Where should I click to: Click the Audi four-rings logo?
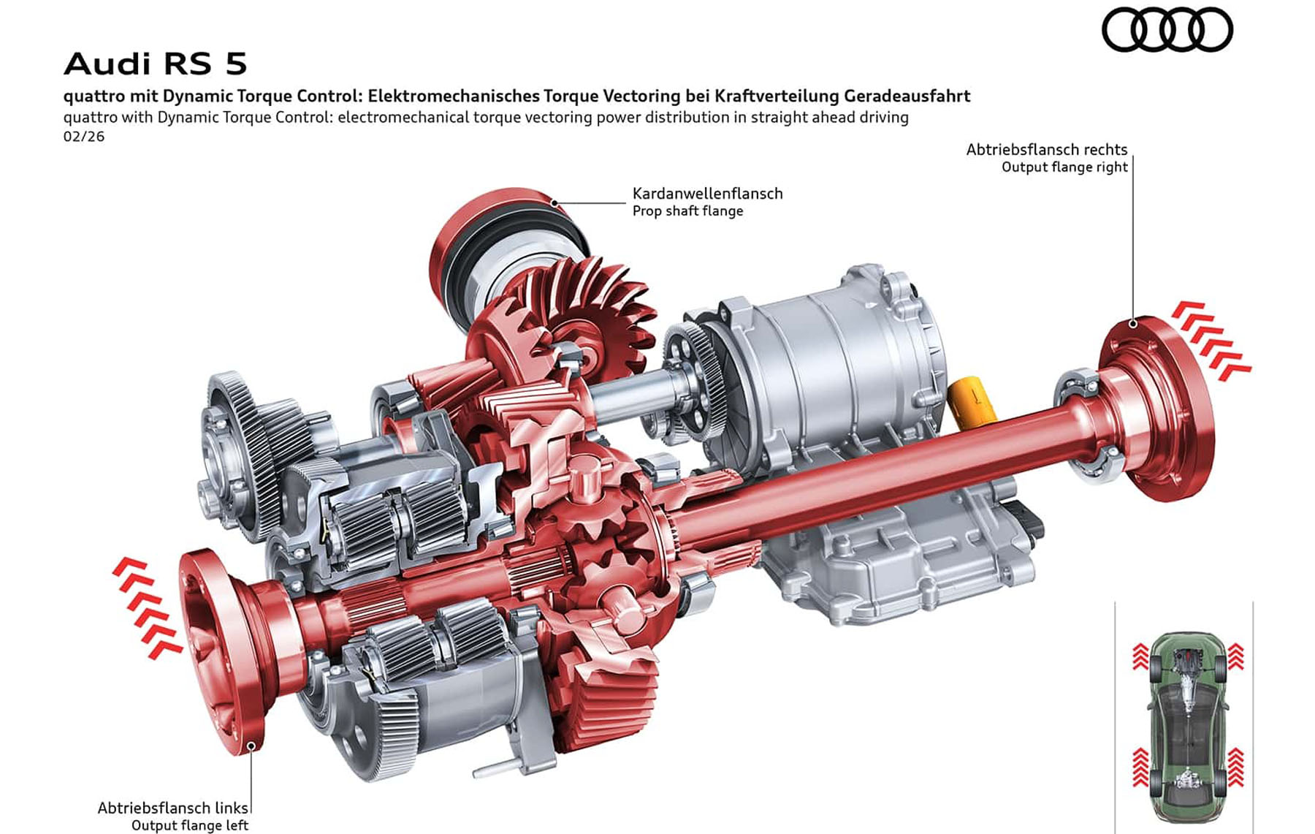(1167, 30)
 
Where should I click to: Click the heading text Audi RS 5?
(156, 64)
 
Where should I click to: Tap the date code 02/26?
(84, 137)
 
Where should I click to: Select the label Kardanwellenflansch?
(707, 194)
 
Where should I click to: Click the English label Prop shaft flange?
(687, 211)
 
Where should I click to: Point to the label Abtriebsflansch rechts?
(1047, 150)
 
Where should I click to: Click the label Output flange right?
(1064, 167)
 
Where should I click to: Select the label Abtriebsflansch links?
(173, 808)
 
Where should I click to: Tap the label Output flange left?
(190, 825)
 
